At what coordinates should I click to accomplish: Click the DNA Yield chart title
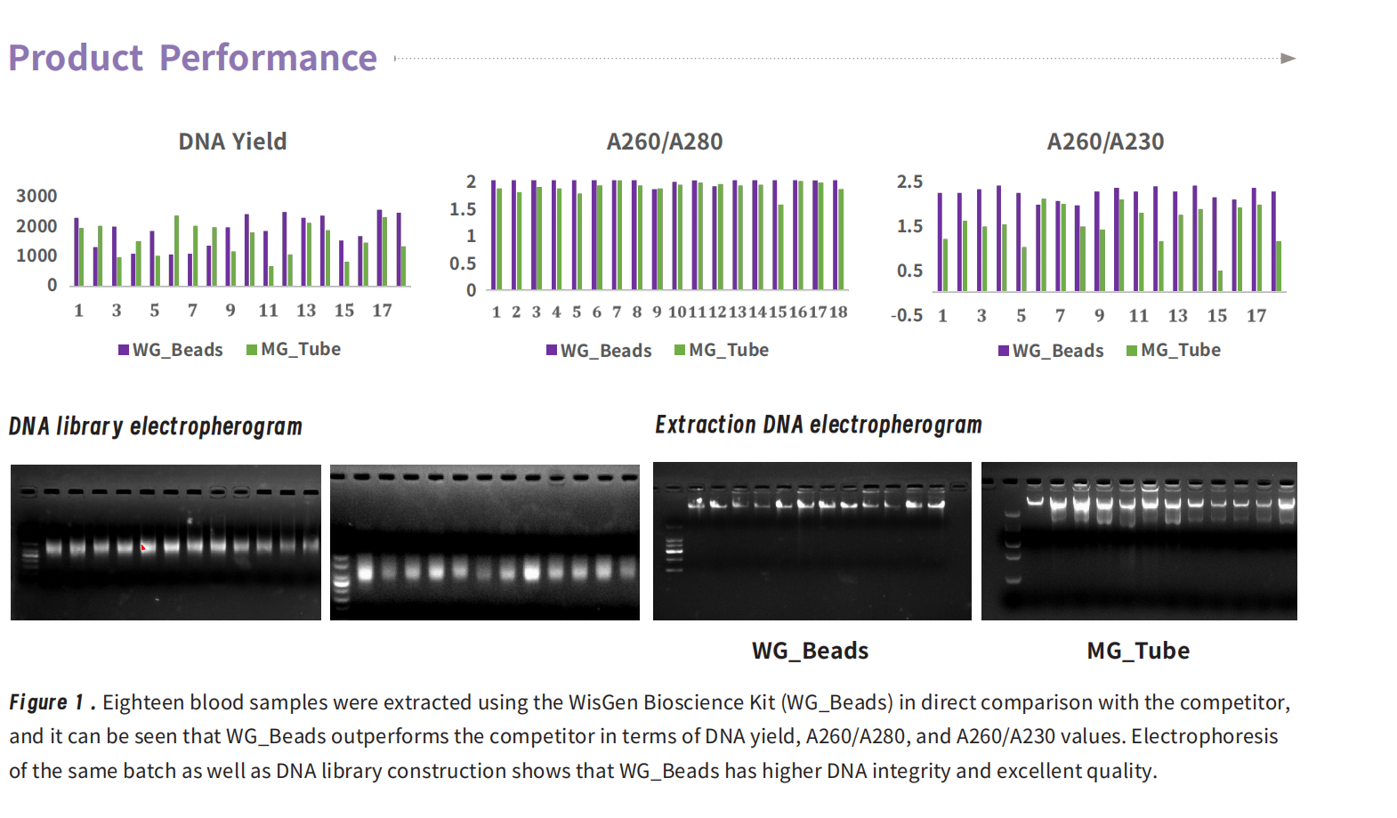(x=232, y=142)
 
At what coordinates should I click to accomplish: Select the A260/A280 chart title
(x=664, y=142)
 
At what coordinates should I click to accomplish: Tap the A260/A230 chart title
(x=1105, y=142)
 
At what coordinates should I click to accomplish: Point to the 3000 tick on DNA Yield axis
(x=36, y=196)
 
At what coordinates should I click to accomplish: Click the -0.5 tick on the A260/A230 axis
(x=907, y=315)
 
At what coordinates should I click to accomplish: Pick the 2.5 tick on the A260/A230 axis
(x=910, y=182)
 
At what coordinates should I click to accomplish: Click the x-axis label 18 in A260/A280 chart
(x=838, y=312)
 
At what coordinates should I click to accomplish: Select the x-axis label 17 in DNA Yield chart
(x=383, y=310)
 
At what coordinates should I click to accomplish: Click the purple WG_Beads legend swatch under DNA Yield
(x=124, y=350)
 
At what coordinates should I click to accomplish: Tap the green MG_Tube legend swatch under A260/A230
(x=1132, y=351)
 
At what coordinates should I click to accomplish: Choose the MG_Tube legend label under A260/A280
(x=729, y=350)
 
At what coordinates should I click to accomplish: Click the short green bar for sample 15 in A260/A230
(x=1221, y=280)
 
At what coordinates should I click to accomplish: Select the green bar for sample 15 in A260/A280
(x=781, y=247)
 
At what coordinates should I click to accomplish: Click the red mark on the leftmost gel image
(x=143, y=547)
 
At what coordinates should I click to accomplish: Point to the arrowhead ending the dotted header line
(x=1288, y=59)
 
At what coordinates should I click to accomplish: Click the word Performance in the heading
(x=268, y=58)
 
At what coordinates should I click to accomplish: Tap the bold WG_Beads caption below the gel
(x=810, y=651)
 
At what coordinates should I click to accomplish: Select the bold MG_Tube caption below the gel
(x=1138, y=651)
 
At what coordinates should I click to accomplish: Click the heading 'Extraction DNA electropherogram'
(x=819, y=425)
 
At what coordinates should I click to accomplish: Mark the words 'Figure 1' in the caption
(x=46, y=702)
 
